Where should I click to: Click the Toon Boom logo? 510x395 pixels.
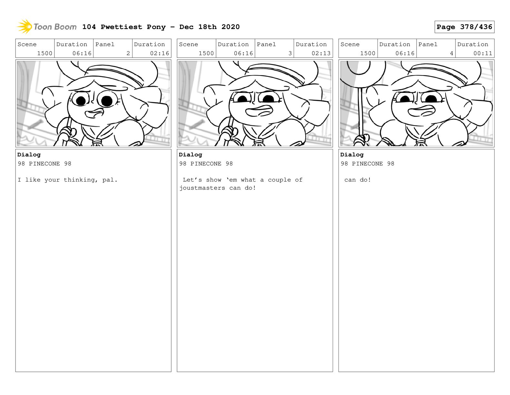point(47,27)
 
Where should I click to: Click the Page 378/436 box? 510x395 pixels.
point(464,27)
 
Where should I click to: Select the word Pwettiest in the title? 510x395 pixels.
point(121,27)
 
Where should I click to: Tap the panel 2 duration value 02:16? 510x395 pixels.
point(159,53)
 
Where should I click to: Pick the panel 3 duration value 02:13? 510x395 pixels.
point(321,53)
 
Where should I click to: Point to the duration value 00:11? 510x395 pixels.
point(483,53)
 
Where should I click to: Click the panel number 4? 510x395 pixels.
point(451,53)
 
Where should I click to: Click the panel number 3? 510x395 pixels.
point(290,53)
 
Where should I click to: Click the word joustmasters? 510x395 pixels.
point(202,188)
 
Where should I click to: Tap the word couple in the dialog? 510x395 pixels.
point(279,180)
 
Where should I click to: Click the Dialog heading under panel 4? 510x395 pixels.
point(352,155)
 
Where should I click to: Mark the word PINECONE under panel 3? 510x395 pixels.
point(206,163)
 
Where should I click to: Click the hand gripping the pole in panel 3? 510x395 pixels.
point(230,134)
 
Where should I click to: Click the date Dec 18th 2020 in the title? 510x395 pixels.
point(209,27)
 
